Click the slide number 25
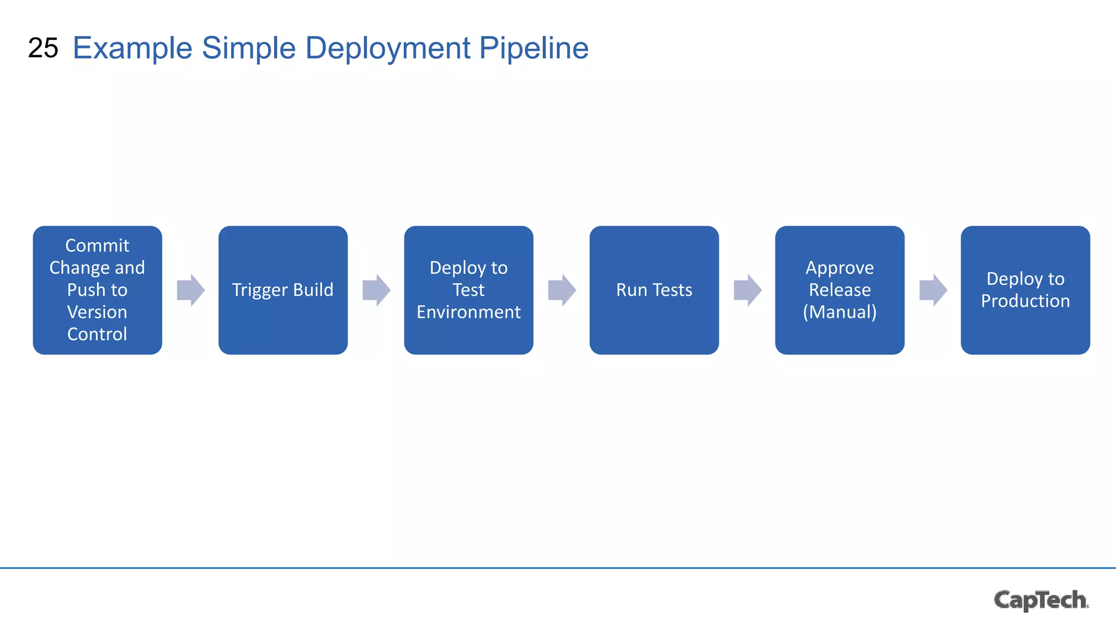[43, 48]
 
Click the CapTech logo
[1041, 600]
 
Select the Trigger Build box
[283, 290]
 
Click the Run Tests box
[654, 290]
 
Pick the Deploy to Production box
[1025, 290]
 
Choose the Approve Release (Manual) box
[840, 290]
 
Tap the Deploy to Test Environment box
[469, 290]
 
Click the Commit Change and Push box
[98, 290]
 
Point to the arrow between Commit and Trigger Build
[191, 290]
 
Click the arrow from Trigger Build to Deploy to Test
[377, 290]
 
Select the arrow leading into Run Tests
[562, 290]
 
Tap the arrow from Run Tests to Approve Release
[748, 290]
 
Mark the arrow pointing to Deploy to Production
[933, 290]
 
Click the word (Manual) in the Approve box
[840, 312]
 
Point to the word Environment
[469, 312]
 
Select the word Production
[1025, 301]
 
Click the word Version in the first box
[97, 312]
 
